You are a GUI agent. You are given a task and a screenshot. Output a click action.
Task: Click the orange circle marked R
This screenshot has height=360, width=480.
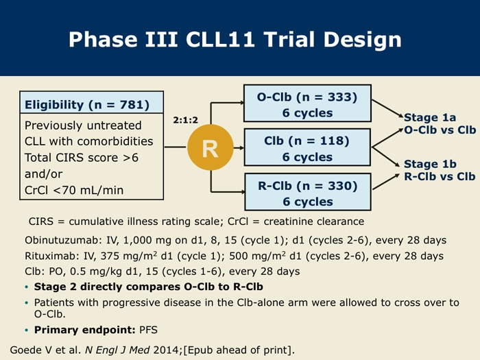[x=211, y=147]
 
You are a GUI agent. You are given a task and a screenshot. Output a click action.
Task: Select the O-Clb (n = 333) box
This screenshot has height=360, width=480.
[x=307, y=104]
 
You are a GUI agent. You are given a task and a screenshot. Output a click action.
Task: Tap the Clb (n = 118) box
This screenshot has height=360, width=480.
[x=307, y=147]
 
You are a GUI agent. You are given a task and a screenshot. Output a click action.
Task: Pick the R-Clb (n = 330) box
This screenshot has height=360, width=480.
[x=308, y=192]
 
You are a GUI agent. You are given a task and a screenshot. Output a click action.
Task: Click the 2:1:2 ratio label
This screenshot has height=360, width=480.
[x=186, y=120]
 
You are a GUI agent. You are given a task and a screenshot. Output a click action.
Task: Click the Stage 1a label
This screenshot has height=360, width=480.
[x=430, y=117]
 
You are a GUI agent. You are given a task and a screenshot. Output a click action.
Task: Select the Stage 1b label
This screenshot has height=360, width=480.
[x=430, y=164]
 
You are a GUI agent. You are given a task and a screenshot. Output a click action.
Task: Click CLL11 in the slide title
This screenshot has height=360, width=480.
[x=220, y=40]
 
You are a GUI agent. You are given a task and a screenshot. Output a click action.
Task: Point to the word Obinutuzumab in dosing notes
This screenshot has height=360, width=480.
[x=61, y=240]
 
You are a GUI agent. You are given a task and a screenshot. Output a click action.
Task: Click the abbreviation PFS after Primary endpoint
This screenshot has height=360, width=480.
[x=148, y=330]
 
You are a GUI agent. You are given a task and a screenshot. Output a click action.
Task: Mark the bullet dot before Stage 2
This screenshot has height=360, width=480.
[x=27, y=287]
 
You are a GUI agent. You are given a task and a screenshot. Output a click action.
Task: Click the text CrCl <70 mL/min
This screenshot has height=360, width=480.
[x=74, y=190]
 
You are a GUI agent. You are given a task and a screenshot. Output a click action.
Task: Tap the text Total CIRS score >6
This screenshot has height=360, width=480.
[x=82, y=158]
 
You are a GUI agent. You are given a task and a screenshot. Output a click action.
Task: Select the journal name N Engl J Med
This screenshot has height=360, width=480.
[x=117, y=350]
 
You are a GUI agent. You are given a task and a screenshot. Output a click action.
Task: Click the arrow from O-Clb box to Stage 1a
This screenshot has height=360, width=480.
[x=387, y=108]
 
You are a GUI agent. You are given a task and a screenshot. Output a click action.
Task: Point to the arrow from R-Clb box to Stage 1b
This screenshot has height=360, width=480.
[x=386, y=182]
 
